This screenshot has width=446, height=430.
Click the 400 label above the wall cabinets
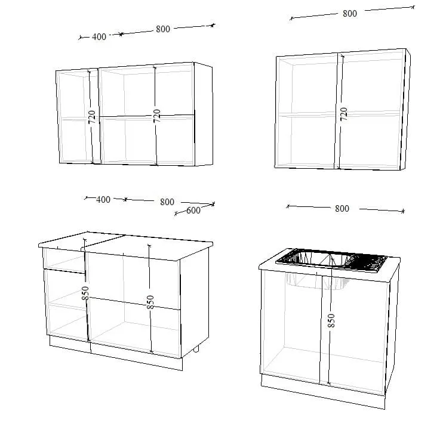99,36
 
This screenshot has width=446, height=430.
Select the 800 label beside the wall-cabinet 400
163,29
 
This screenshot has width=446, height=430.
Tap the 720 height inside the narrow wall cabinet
91,117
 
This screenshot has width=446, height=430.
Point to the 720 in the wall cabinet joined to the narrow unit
156,116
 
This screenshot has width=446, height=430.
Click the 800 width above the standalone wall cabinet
350,13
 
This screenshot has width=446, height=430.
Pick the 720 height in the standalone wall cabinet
344,114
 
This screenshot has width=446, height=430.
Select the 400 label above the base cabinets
103,200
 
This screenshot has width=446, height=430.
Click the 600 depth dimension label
193,211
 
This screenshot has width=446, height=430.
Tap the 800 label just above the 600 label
167,202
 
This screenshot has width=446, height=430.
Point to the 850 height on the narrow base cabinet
85,293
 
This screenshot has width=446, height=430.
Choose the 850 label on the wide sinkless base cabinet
150,302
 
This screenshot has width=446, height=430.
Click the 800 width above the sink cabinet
342,209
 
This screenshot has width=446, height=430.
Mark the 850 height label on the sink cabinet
331,321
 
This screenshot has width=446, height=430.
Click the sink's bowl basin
319,259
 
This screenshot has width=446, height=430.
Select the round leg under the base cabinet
196,349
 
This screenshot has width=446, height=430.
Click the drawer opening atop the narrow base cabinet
64,261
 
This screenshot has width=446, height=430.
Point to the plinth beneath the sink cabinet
323,391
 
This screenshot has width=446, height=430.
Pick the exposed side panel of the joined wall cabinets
204,115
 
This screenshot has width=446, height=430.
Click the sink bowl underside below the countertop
317,281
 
